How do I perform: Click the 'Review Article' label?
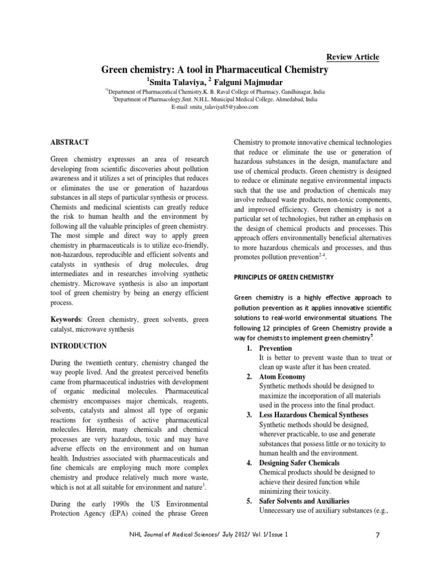pyautogui.click(x=352, y=57)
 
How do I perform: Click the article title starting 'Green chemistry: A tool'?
pyautogui.click(x=214, y=70)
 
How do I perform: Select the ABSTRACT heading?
pyautogui.click(x=69, y=143)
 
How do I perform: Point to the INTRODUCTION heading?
pyautogui.click(x=79, y=346)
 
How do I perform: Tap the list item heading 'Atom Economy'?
pyautogui.click(x=282, y=377)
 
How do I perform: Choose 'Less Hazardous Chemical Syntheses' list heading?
pyautogui.click(x=314, y=415)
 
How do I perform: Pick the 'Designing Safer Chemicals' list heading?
pyautogui.click(x=299, y=463)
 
